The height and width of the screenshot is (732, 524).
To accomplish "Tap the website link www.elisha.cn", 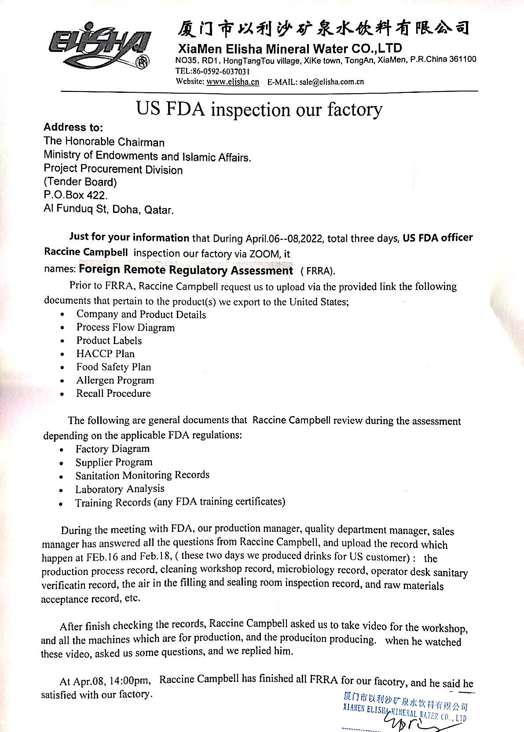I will pos(232,82).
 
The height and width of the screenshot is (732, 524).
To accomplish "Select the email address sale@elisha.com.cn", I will pos(332,82).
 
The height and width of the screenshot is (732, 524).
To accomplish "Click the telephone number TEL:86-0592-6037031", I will pos(213,71).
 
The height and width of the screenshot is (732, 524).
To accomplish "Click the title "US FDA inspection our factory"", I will pos(259,109).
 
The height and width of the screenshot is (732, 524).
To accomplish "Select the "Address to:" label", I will pos(73,128).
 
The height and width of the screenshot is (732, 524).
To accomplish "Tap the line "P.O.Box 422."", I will pos(75,195).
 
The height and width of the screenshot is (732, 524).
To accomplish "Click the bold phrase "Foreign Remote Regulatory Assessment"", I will pos(186,270).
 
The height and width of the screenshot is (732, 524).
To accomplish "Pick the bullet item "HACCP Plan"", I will pos(105,354).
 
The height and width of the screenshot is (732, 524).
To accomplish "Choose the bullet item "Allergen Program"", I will pos(115,380).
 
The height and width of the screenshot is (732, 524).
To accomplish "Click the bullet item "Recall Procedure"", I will pos(113,393).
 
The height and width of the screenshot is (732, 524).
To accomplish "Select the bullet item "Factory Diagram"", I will pos(112,449).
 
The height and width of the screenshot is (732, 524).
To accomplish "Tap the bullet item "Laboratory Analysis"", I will pos(120,489).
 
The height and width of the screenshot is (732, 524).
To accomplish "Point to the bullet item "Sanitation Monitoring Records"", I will pos(142,475).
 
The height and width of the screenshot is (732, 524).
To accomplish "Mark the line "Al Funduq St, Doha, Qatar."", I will pos(109,209).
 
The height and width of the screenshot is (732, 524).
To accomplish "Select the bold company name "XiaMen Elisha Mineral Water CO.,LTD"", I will pos(290,48).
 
